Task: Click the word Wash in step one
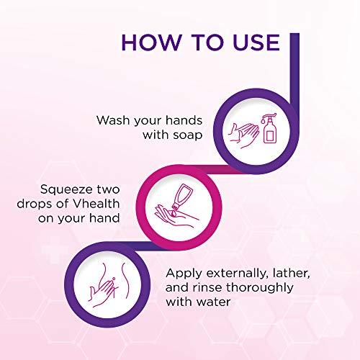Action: (114, 120)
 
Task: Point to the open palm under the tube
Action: (173, 217)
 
